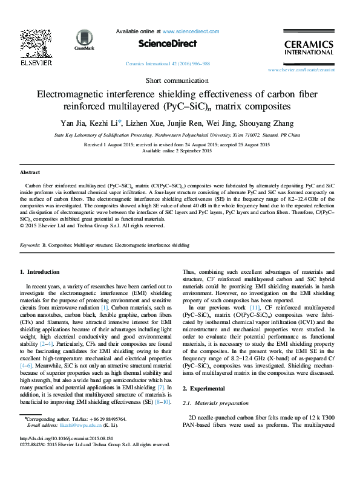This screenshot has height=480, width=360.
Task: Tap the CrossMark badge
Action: pos(80,40)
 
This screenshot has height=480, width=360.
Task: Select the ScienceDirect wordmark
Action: pos(168,44)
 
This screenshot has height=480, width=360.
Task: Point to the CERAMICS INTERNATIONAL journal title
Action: pos(309,48)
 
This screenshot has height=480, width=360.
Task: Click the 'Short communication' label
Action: pos(180,80)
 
